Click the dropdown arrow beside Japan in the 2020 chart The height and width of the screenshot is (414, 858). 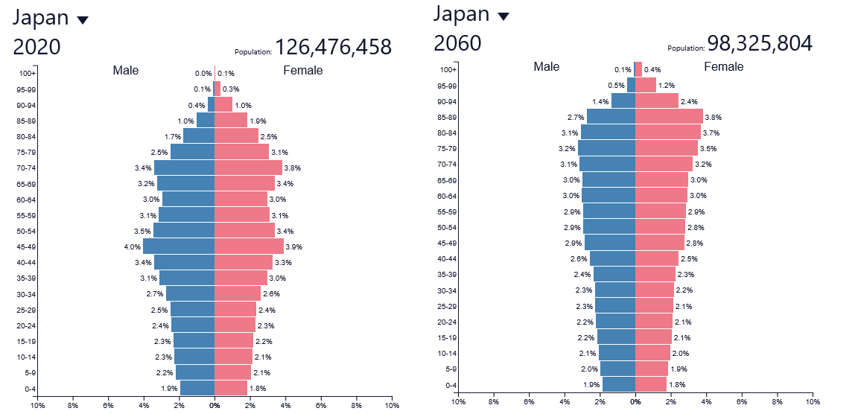click(x=83, y=20)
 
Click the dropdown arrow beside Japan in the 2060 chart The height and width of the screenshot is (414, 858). click(x=503, y=16)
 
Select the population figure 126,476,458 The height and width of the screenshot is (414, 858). click(x=333, y=47)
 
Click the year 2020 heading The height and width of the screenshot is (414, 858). click(x=36, y=47)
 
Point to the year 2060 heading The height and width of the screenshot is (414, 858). click(x=457, y=43)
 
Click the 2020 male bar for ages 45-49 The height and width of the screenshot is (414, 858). click(x=179, y=246)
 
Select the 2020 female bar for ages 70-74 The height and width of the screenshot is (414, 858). click(x=248, y=168)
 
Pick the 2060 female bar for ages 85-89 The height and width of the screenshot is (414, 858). click(x=669, y=117)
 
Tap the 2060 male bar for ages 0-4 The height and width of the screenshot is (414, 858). click(x=618, y=384)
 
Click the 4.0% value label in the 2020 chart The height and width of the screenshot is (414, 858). click(x=133, y=246)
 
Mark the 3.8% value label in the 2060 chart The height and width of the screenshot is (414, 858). click(x=714, y=117)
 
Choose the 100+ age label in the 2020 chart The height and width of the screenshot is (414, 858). click(x=28, y=73)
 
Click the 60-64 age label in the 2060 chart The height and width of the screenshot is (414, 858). click(x=448, y=196)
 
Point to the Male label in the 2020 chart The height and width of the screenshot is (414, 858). click(x=126, y=71)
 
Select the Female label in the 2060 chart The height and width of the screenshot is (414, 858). click(x=723, y=67)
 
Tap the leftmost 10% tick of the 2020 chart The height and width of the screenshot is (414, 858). click(x=37, y=406)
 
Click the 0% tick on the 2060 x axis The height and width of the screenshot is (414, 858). click(x=635, y=402)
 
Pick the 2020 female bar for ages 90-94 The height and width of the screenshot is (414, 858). click(x=223, y=104)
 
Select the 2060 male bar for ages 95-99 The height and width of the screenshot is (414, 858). click(x=631, y=86)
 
